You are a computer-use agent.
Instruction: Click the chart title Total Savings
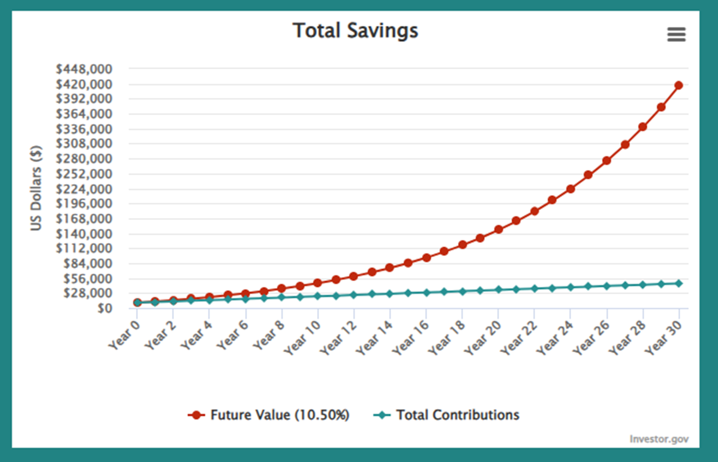(x=355, y=31)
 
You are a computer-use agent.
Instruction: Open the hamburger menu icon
(x=676, y=35)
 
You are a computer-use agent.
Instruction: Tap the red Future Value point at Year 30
(x=679, y=85)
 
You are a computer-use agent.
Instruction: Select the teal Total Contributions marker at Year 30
(x=679, y=283)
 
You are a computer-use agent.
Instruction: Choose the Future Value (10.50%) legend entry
(x=268, y=415)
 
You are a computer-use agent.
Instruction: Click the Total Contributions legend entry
(x=446, y=415)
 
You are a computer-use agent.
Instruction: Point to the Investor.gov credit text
(x=659, y=439)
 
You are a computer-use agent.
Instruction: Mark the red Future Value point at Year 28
(x=643, y=127)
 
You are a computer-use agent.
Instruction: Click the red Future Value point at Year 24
(x=570, y=189)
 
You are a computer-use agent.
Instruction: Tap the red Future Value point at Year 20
(x=498, y=229)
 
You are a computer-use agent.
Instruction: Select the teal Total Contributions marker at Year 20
(x=498, y=289)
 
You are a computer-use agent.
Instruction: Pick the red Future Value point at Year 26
(x=606, y=161)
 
